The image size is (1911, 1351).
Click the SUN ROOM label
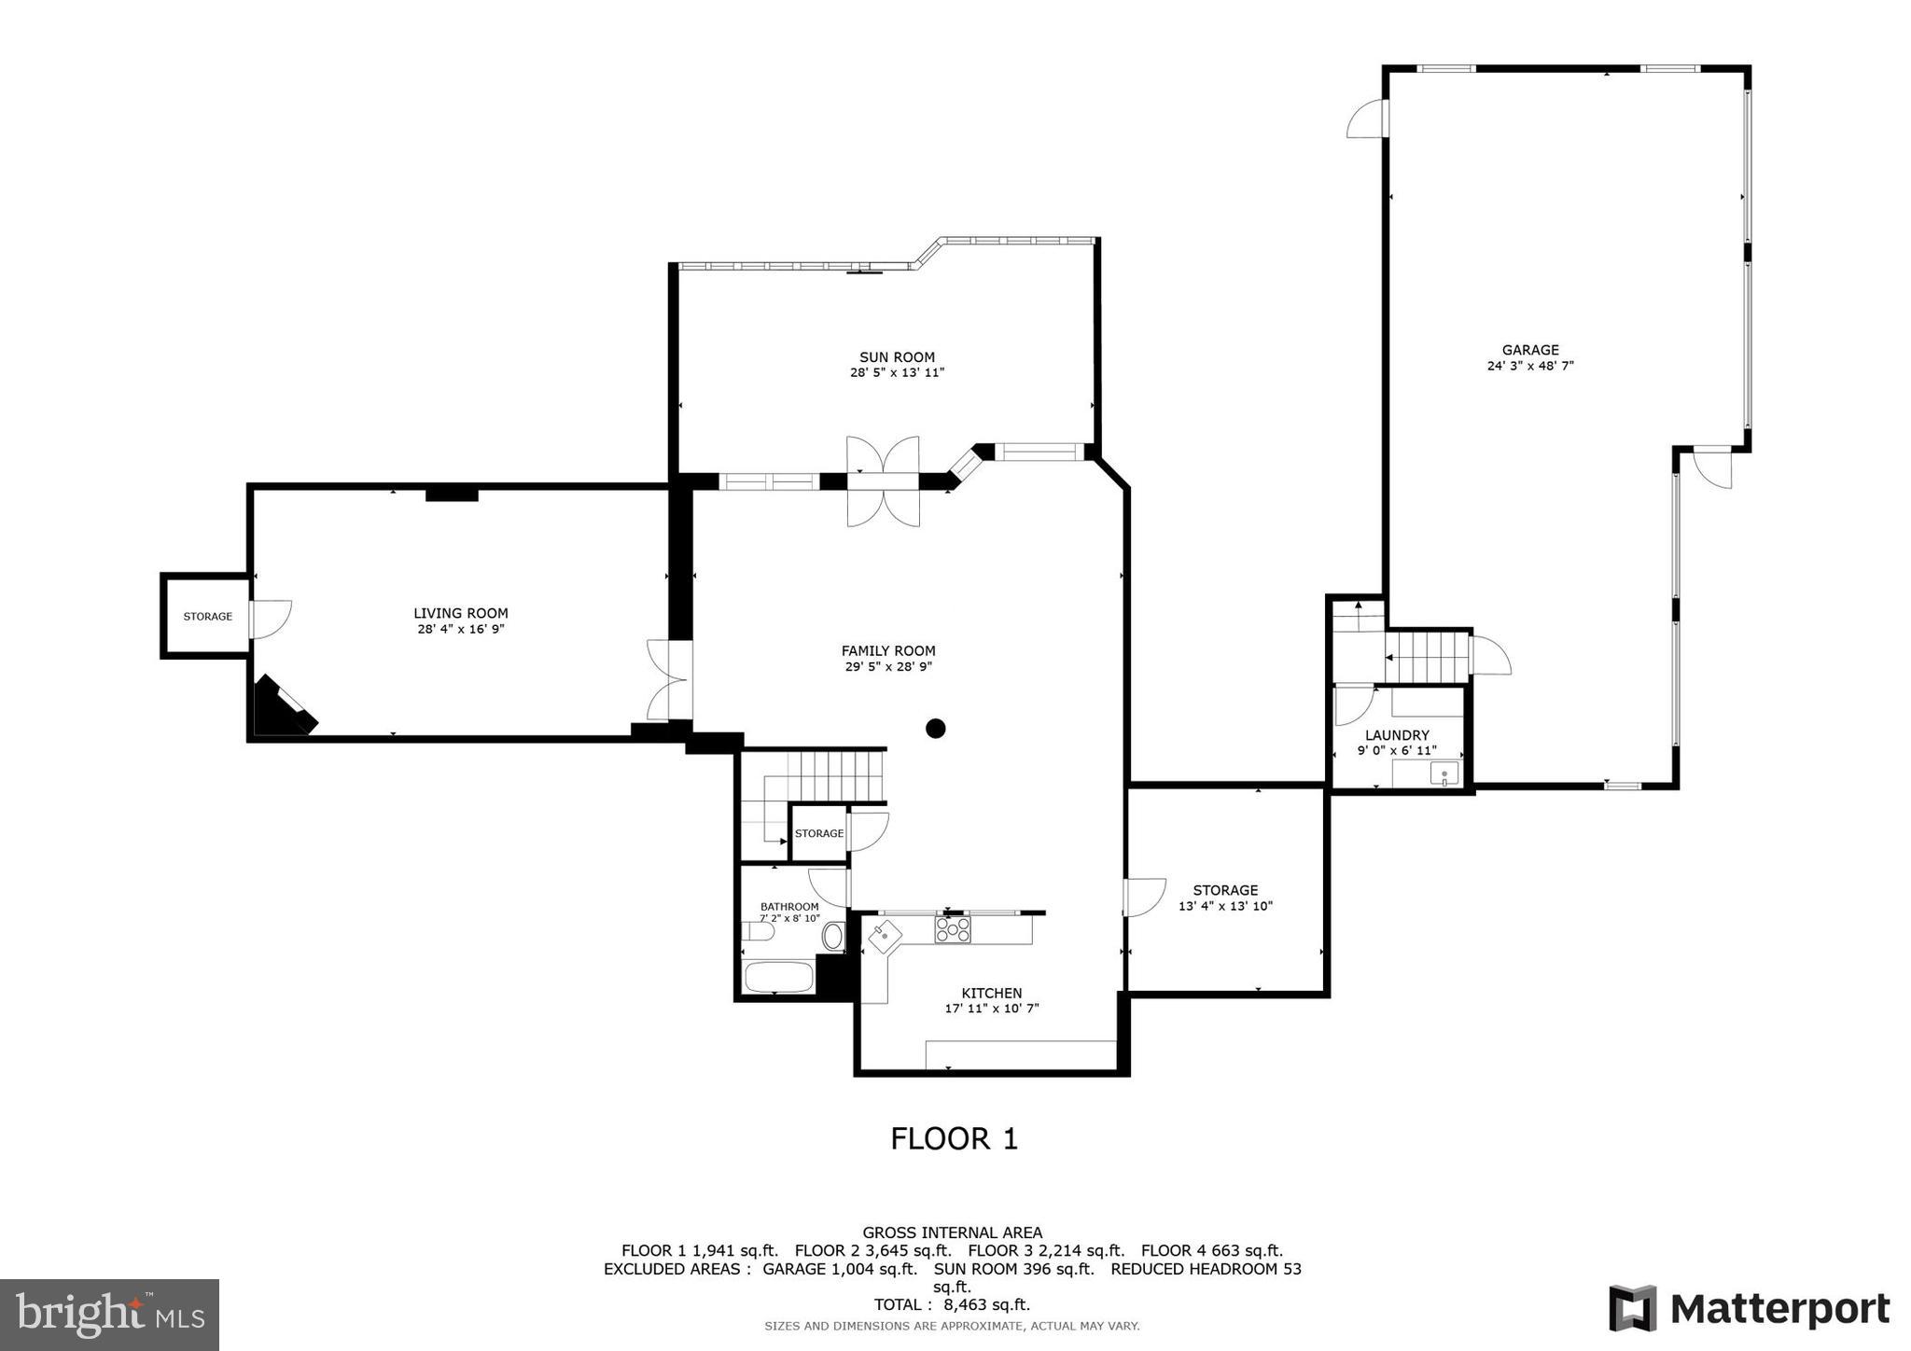(x=897, y=357)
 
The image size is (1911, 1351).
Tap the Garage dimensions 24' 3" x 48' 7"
(x=1530, y=367)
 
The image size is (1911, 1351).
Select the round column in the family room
(x=936, y=729)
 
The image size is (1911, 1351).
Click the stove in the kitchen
(x=953, y=929)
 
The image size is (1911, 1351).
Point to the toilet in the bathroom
(x=758, y=931)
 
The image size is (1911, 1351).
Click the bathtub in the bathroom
(x=777, y=978)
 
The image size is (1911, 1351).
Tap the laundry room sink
(x=1444, y=773)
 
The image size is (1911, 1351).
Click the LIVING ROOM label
(x=461, y=613)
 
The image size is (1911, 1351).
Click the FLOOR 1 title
(x=954, y=1138)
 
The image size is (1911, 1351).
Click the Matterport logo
(x=1749, y=1309)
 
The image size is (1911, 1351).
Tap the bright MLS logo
(x=110, y=1316)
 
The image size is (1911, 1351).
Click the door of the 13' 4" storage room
(x=1142, y=898)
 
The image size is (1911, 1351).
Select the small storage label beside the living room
(x=207, y=617)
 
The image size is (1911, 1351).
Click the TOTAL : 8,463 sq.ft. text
(x=952, y=1304)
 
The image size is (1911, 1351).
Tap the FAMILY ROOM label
(x=888, y=651)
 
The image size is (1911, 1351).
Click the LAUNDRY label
(x=1397, y=735)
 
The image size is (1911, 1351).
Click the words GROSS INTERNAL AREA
(x=952, y=1233)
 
